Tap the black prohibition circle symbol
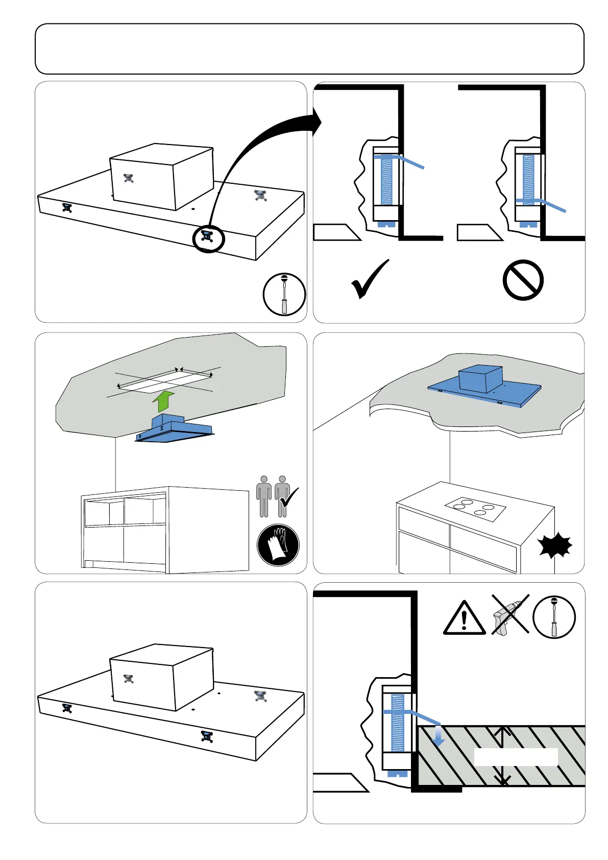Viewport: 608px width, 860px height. tap(523, 280)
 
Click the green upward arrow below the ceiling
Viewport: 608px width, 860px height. tap(163, 401)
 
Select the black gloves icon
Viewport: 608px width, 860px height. tap(278, 545)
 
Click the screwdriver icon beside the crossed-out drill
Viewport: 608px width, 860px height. tap(554, 617)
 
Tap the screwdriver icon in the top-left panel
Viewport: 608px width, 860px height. tap(284, 294)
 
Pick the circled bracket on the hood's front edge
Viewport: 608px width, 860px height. tap(208, 237)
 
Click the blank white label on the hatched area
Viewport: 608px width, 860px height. tap(516, 757)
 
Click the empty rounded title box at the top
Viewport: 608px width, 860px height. tap(309, 49)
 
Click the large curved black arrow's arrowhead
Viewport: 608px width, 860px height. tap(315, 122)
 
